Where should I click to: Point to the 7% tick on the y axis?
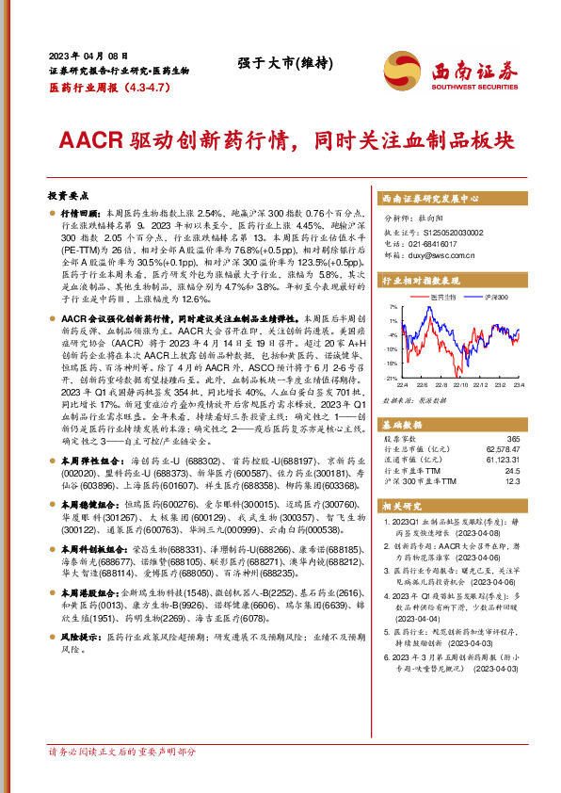point(392,307)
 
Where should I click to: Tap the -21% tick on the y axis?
point(390,378)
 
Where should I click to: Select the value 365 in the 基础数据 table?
point(512,439)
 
